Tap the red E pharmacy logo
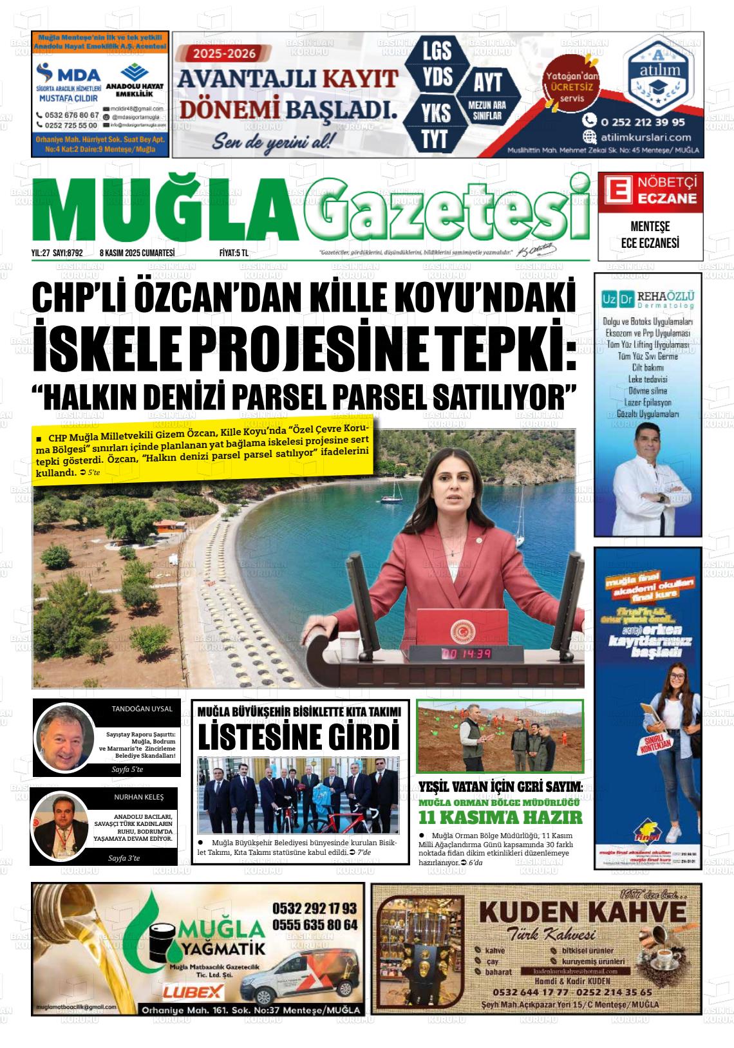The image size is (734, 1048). point(616,192)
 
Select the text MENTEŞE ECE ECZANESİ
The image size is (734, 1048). point(650,236)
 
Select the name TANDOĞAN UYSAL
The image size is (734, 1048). point(142,709)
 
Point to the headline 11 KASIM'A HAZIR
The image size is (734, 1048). point(500,818)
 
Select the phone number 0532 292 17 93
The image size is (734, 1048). point(314,908)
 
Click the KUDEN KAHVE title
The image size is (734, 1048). point(583,912)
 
